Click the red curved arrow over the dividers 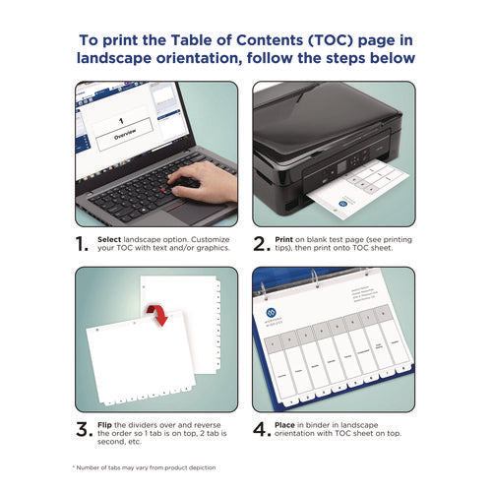click(155, 315)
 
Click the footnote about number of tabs click(143, 465)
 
